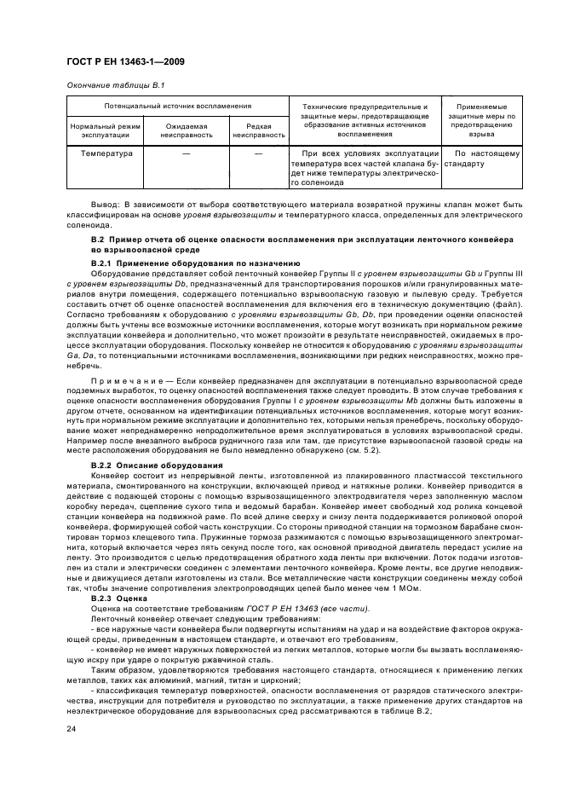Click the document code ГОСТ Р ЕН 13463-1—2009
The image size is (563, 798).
pyautogui.click(x=125, y=62)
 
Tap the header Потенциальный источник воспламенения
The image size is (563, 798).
pyautogui.click(x=177, y=106)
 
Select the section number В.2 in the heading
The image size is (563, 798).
pyautogui.click(x=98, y=240)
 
